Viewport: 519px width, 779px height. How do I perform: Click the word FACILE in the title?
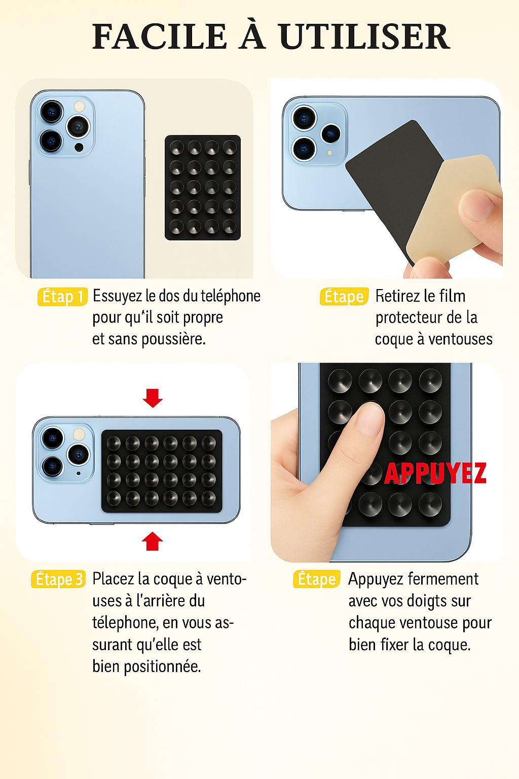[159, 37]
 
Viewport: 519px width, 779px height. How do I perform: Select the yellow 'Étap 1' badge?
[62, 297]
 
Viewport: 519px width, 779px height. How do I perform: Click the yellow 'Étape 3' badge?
[58, 579]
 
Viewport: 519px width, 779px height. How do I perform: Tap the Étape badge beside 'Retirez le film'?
[344, 297]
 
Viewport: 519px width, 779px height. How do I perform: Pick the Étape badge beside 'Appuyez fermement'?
[317, 579]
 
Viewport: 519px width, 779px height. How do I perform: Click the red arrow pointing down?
[153, 398]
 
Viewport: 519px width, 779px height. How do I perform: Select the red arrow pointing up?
[153, 541]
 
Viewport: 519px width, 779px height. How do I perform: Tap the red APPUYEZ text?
[435, 473]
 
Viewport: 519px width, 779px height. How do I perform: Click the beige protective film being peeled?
[446, 213]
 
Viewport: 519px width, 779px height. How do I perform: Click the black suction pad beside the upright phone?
[203, 187]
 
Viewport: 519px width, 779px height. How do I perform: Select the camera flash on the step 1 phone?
[80, 107]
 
